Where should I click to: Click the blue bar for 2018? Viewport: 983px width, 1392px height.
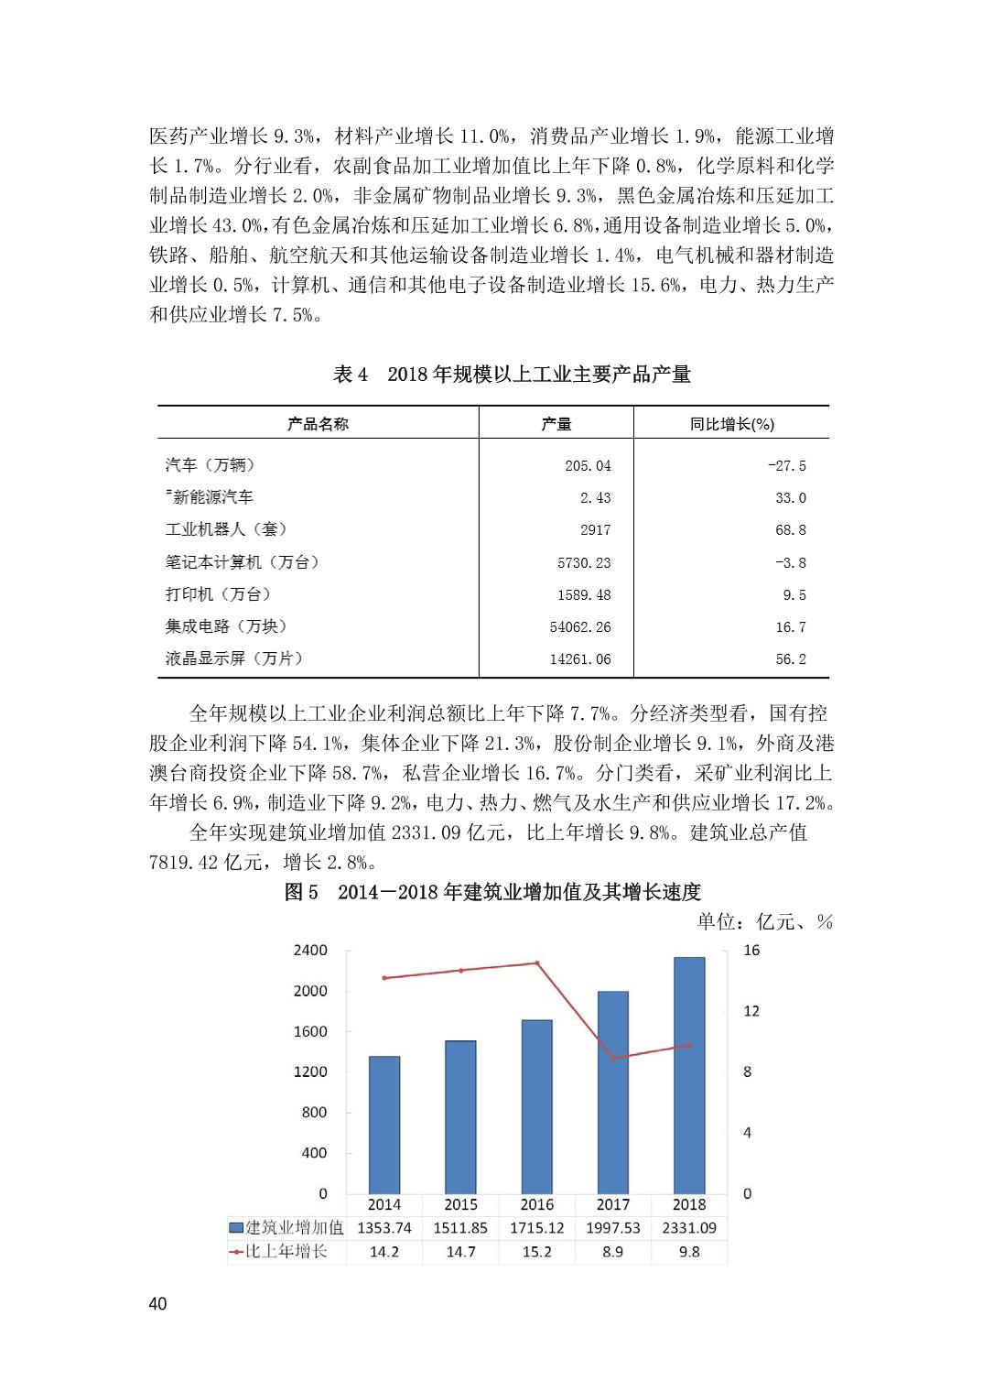coord(689,1076)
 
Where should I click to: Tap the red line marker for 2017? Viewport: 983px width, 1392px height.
coord(613,1058)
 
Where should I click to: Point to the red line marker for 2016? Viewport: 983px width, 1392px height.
coord(537,962)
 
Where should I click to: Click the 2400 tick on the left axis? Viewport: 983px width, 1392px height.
coord(310,951)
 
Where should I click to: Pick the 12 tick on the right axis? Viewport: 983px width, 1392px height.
coord(751,1011)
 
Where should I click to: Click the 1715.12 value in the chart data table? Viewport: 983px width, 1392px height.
coord(536,1228)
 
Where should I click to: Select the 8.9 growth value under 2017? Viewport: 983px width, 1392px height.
coord(613,1251)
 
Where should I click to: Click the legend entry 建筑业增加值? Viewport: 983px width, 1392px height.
coord(286,1228)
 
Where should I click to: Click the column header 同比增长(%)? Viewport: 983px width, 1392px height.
coord(731,423)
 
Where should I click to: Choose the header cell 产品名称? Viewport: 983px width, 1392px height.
coord(318,423)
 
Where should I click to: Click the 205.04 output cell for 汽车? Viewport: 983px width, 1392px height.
coord(588,465)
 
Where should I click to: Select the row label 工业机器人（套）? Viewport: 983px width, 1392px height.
coord(226,529)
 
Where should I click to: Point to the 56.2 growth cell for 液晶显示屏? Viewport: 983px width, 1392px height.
coord(791,658)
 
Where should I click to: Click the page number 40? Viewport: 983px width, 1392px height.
coord(157,1304)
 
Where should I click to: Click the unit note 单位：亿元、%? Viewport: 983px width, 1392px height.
coord(764,921)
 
